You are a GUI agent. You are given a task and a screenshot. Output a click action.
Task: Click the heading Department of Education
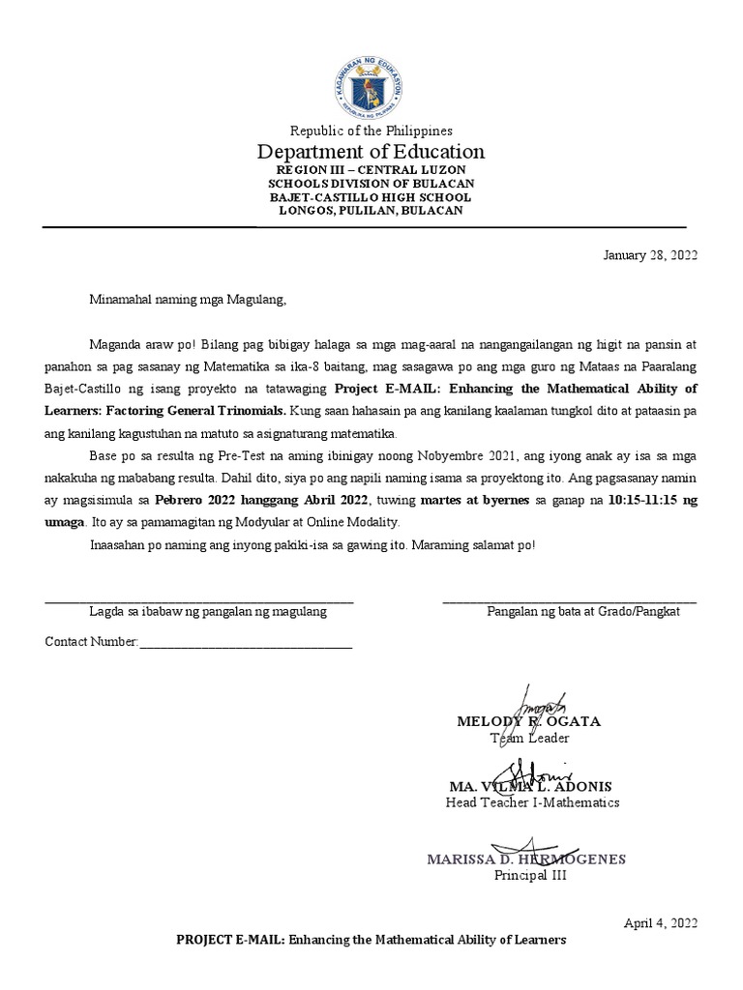[x=371, y=152]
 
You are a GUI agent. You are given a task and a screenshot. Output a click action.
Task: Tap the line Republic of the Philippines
[x=371, y=131]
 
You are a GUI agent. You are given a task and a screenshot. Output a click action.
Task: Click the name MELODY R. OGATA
[x=527, y=721]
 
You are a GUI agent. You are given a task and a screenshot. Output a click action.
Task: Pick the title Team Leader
[x=529, y=739]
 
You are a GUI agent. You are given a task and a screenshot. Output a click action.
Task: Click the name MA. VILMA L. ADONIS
[x=530, y=786]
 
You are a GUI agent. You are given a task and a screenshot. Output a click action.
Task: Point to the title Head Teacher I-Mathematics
[x=532, y=802]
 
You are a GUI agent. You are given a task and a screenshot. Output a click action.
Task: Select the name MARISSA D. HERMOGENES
[x=526, y=859]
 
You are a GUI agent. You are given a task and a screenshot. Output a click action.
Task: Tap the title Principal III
[x=530, y=876]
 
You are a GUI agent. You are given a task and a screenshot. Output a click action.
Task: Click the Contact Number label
[x=93, y=642]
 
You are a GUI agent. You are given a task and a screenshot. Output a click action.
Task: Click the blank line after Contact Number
[x=247, y=644]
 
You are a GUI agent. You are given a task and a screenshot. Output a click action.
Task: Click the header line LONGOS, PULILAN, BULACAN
[x=371, y=210]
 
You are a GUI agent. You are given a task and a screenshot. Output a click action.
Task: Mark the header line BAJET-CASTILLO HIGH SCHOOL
[x=371, y=197]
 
